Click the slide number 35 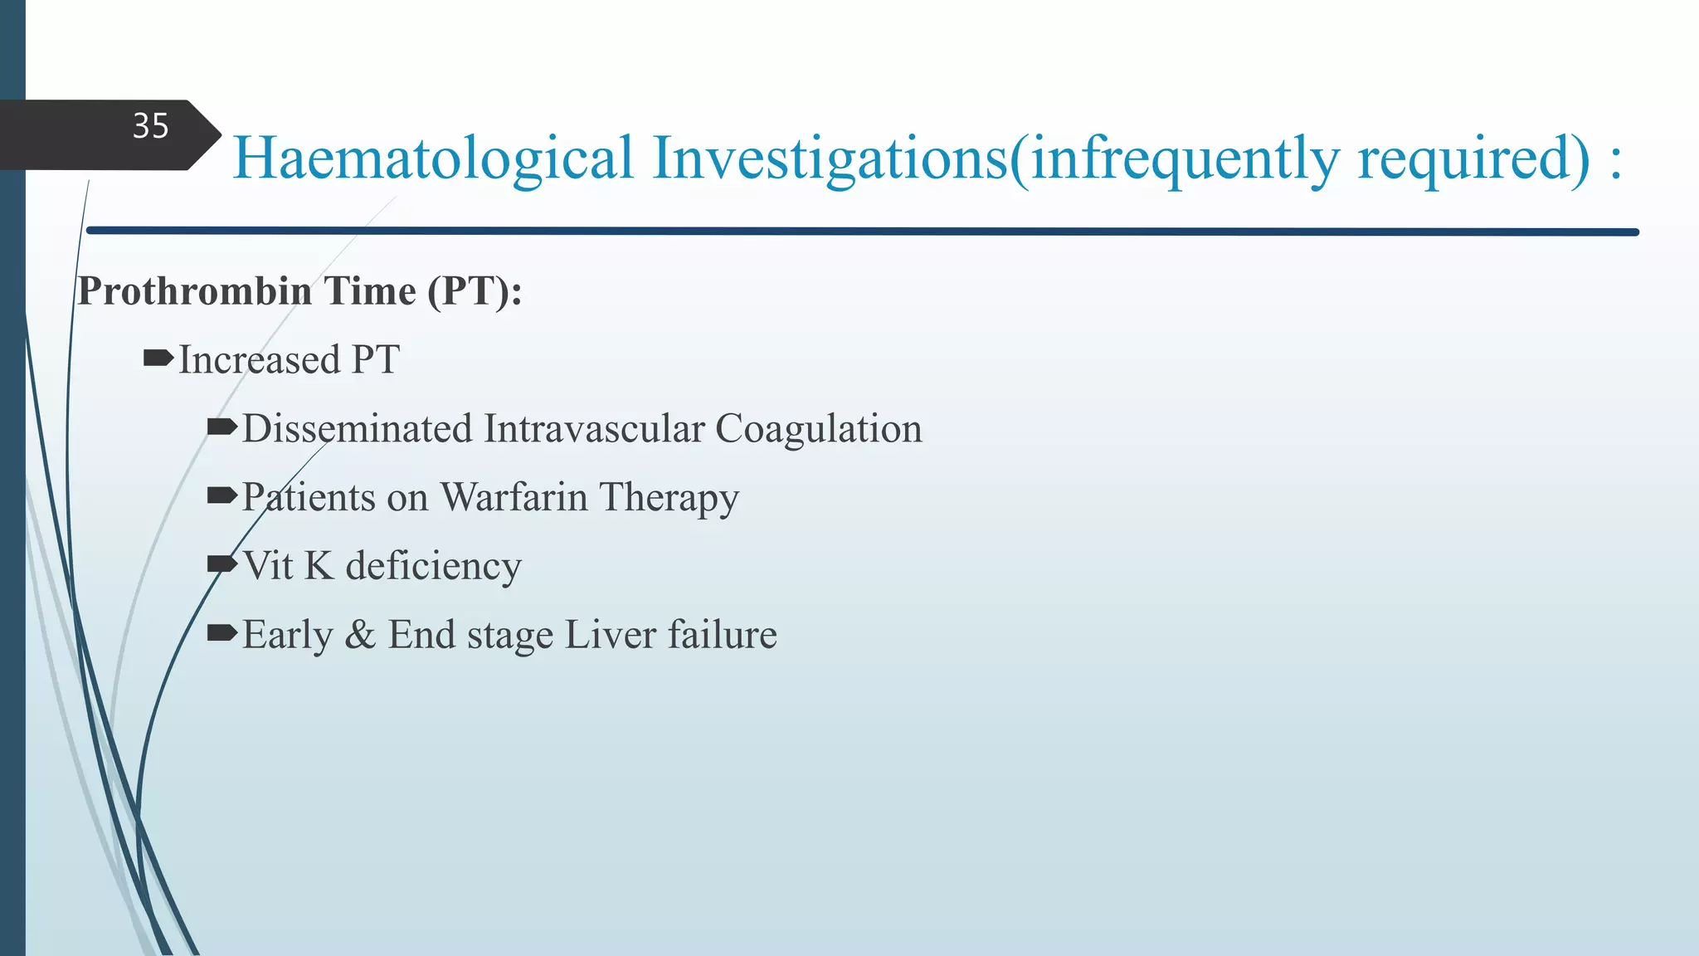[x=150, y=126]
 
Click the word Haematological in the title [x=432, y=158]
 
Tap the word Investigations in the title [x=830, y=158]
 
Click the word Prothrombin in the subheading [x=194, y=291]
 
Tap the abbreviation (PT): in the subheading [x=474, y=291]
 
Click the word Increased [x=260, y=360]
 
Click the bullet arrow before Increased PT [x=158, y=358]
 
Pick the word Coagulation [x=818, y=429]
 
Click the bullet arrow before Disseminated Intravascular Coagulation [x=222, y=427]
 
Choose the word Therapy [x=669, y=498]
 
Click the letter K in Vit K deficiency [x=319, y=566]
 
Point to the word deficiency [x=433, y=566]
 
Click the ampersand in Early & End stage [x=360, y=635]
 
